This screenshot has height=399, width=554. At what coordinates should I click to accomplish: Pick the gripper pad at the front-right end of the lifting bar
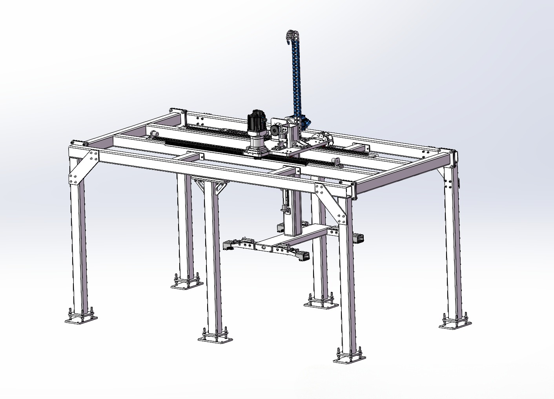(303, 256)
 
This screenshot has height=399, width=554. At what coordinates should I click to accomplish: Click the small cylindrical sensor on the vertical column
(284, 209)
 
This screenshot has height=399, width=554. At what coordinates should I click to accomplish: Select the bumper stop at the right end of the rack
(336, 162)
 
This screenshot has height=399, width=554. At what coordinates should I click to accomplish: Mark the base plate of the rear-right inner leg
(321, 303)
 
